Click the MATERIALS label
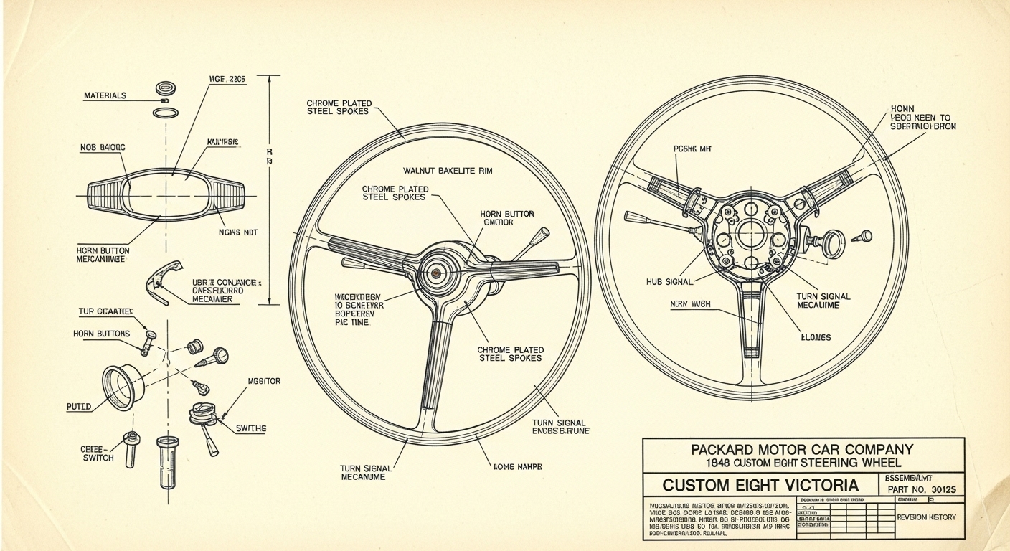point(105,95)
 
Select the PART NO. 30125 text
point(921,489)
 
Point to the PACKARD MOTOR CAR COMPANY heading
point(802,450)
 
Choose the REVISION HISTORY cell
point(926,517)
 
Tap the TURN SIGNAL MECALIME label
point(823,301)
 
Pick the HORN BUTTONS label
point(101,334)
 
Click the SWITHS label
point(251,428)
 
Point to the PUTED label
point(79,406)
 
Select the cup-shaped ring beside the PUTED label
point(120,388)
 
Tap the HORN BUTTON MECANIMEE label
point(103,255)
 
